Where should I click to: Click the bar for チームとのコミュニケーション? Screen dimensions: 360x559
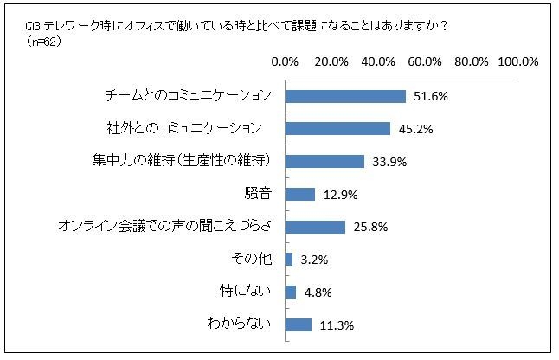(x=344, y=96)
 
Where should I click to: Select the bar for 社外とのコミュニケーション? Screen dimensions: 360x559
(x=337, y=129)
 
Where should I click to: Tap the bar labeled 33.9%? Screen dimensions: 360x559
(x=324, y=162)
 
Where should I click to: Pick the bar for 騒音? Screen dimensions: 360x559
(x=299, y=194)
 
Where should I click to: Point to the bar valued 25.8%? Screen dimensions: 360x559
(x=314, y=227)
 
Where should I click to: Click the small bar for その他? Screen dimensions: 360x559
(x=288, y=260)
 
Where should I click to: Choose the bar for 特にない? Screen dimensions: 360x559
(x=290, y=292)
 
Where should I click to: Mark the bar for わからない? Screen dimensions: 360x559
(x=298, y=325)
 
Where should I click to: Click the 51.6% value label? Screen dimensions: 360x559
(x=429, y=97)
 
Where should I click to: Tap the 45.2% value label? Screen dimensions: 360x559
(x=414, y=130)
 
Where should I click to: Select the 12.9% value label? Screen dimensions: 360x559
(x=338, y=195)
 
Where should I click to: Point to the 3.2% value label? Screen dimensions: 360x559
(x=313, y=260)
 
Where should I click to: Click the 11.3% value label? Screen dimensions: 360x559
(x=336, y=326)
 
